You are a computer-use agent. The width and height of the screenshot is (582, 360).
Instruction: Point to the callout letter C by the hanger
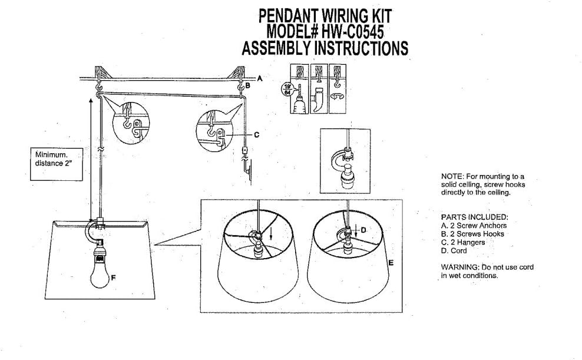point(256,134)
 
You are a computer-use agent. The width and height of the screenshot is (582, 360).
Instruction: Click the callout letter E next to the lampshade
point(390,263)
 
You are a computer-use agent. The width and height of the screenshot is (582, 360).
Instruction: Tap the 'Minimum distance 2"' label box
point(56,158)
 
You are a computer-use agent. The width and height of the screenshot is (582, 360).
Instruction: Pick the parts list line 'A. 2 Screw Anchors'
point(473,225)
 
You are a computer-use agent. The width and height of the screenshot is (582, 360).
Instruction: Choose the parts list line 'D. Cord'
point(454,250)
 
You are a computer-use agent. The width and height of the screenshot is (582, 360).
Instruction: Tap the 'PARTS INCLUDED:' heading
point(474,217)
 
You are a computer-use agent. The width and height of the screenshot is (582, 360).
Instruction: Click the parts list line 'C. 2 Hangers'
point(463,242)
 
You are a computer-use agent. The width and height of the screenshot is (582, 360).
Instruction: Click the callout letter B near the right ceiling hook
point(248,86)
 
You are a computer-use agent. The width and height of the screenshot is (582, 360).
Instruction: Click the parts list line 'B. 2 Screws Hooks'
point(473,234)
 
